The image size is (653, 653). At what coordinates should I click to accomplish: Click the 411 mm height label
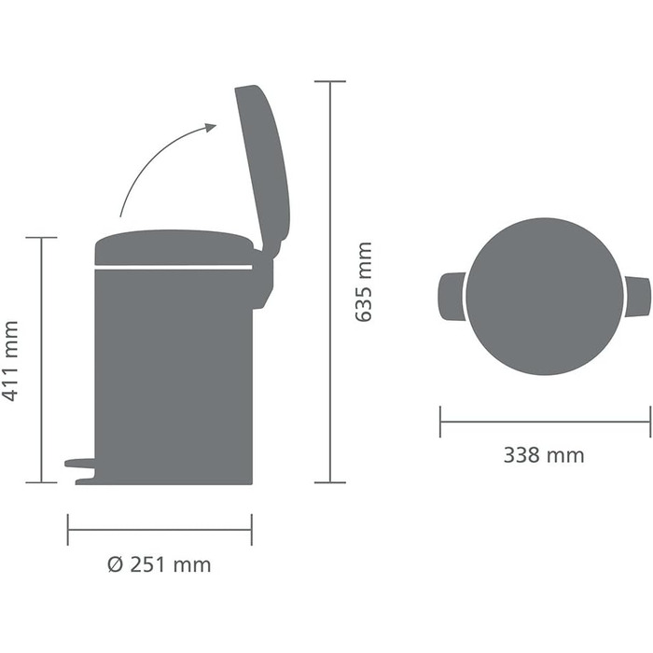pos(11,361)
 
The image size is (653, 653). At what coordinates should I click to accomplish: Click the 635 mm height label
pos(364,282)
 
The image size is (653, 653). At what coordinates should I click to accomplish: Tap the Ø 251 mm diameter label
pos(160,564)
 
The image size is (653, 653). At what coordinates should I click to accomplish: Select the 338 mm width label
pos(544,455)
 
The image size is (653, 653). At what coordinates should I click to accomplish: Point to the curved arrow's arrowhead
pos(210,129)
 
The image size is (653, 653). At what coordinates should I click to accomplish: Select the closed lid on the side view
pos(174,247)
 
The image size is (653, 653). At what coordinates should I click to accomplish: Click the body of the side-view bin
pos(174,373)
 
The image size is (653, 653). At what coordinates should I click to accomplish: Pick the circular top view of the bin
pos(545,297)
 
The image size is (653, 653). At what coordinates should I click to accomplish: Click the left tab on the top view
pos(451,297)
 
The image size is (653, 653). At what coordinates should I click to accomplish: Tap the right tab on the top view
pos(638,297)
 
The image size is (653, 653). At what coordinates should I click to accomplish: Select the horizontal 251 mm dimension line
pos(160,530)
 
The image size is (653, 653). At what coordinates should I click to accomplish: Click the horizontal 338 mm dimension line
pos(545,422)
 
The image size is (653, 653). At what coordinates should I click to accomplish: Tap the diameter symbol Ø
pos(115,564)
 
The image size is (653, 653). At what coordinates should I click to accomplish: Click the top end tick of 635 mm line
pos(330,82)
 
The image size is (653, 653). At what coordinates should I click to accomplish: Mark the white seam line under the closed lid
pos(174,268)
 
